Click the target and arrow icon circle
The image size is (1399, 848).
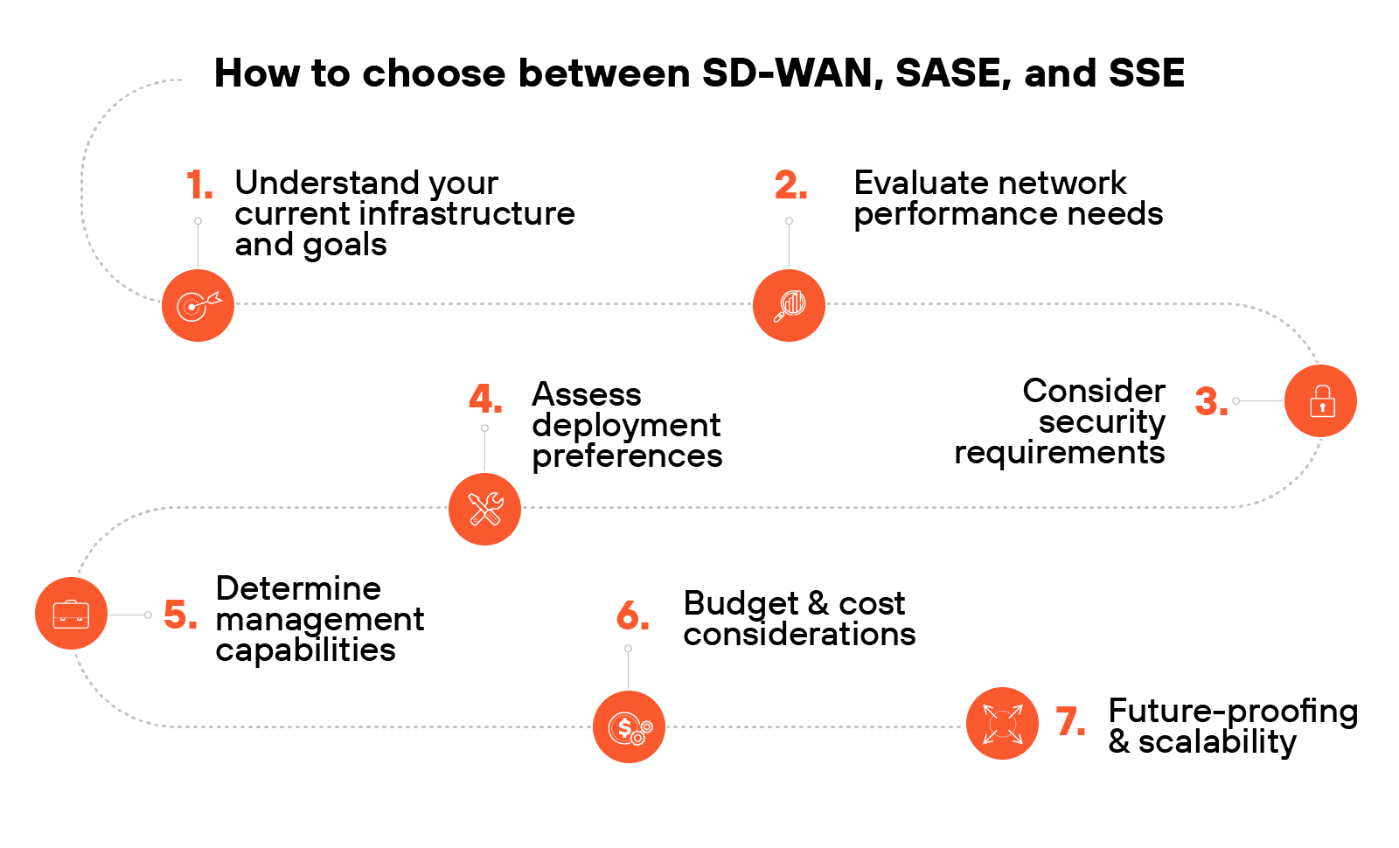pos(198,305)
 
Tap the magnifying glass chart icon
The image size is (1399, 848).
pos(789,305)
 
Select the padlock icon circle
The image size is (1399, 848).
pos(1320,401)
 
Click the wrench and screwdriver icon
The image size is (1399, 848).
pos(484,509)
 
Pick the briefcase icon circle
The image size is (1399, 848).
pos(71,614)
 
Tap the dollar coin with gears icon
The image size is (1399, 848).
pos(629,726)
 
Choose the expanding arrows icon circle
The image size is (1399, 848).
pos(1002,723)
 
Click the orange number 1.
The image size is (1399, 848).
pos(198,185)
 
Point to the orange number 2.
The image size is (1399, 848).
pos(790,185)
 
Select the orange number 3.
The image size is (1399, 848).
pos(1210,402)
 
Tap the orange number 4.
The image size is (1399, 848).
pos(484,400)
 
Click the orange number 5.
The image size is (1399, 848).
pos(179,615)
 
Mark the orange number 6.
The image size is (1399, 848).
pos(631,616)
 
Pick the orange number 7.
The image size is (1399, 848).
pos(1069,722)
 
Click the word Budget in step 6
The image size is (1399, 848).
pos(741,603)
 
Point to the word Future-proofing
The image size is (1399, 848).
pos(1232,712)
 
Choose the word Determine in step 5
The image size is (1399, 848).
pos(298,588)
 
